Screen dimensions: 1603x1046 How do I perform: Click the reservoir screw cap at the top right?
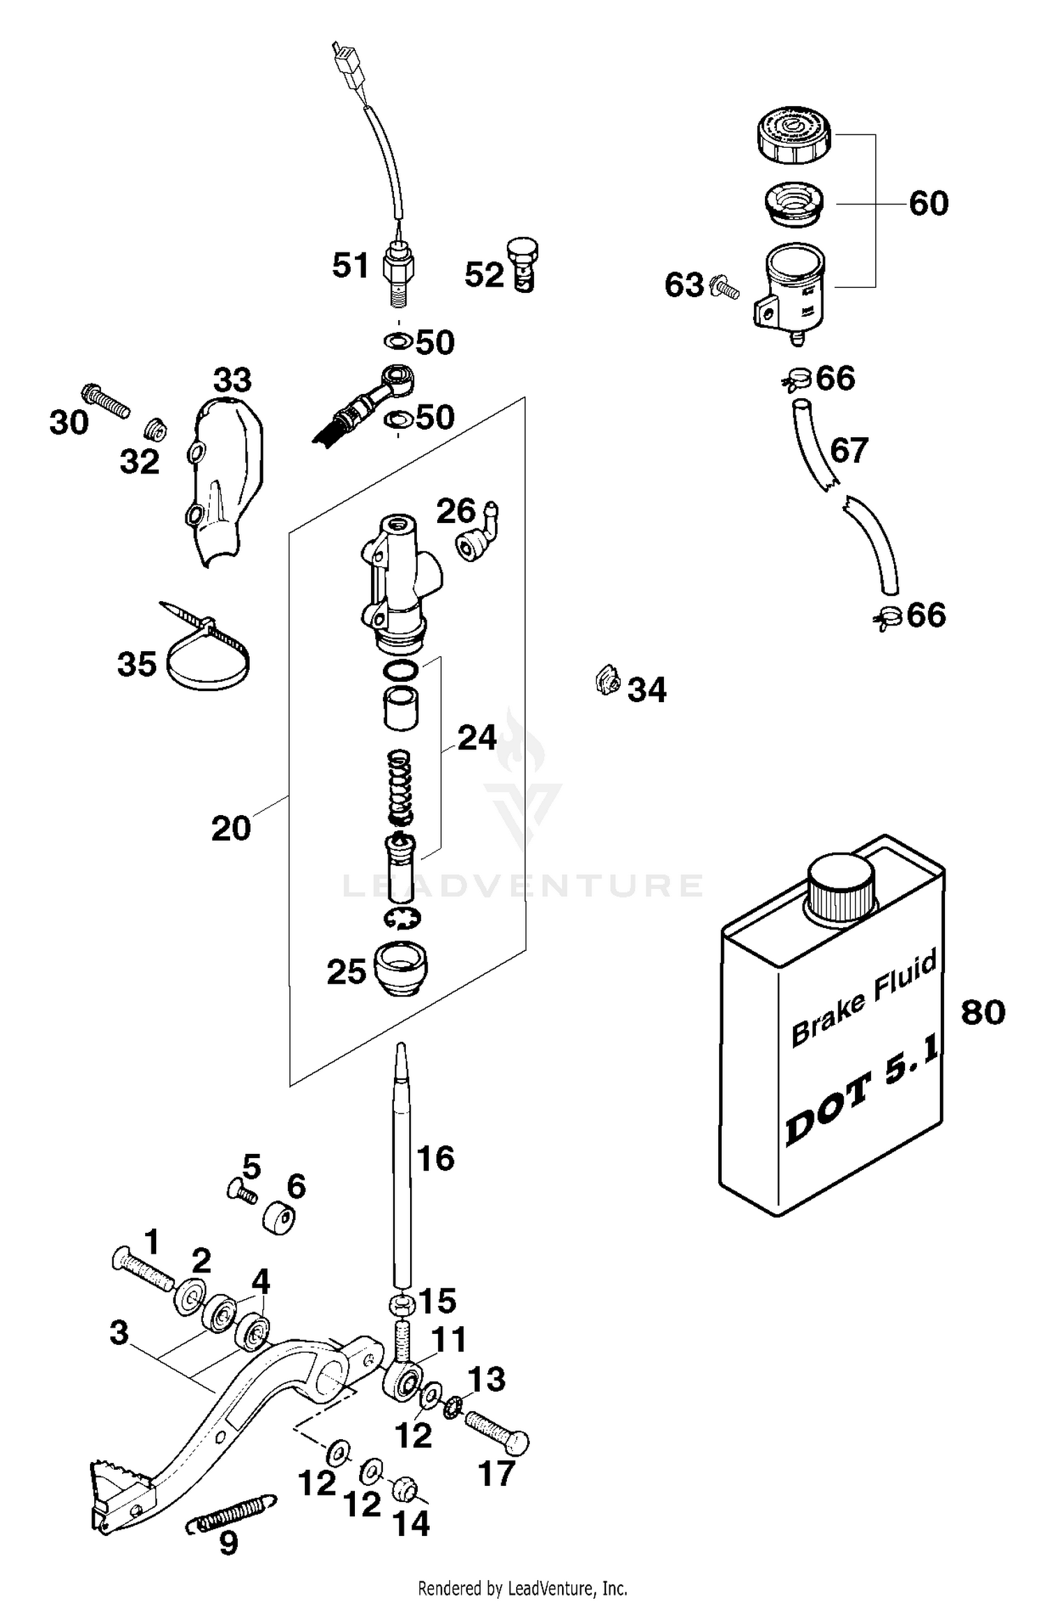click(794, 135)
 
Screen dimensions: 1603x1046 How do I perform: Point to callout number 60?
click(928, 204)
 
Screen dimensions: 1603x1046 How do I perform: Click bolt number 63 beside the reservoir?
click(725, 287)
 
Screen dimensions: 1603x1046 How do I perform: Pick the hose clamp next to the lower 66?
click(886, 616)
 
